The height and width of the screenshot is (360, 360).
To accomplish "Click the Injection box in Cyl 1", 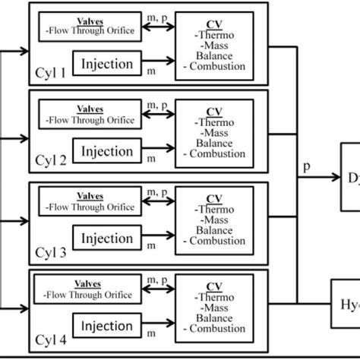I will pos(107,64).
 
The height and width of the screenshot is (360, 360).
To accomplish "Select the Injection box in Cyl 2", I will pos(107,152).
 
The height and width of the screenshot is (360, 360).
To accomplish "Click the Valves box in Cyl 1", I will pos(90,26).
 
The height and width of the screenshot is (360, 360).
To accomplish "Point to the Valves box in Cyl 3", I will pos(90,204).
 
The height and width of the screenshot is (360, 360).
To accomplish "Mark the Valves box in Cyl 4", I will pos(90,292).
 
